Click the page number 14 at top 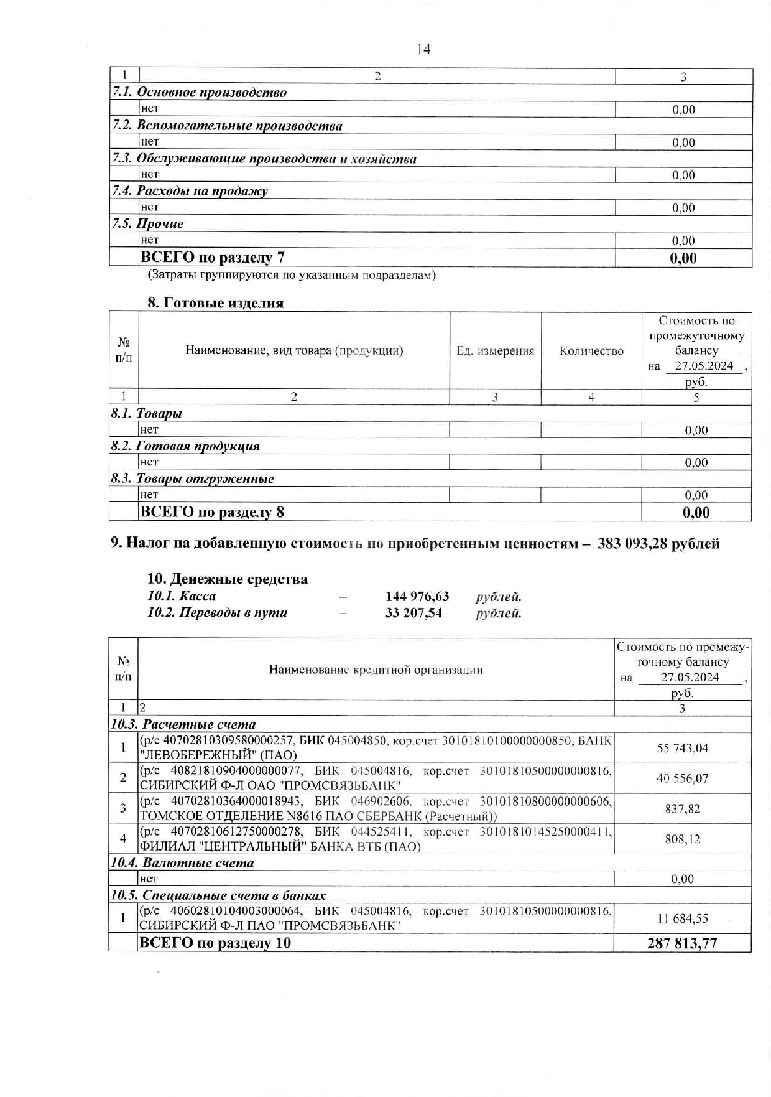coord(423,49)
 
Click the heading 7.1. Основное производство coord(199,93)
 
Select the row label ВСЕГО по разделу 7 coord(213,257)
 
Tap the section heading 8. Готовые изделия coord(215,303)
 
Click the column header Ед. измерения coord(495,351)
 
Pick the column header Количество coord(591,351)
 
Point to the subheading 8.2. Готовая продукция coord(185,446)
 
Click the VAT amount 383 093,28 coord(632,543)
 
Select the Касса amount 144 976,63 coord(417,596)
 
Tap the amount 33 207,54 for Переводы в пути coord(413,613)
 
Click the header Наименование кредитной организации coord(376,670)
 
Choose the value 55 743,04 coord(682,748)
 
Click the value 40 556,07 coord(682,778)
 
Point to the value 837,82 coord(682,809)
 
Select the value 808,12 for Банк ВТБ coord(682,839)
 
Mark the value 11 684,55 coord(682,918)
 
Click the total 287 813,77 coord(682,943)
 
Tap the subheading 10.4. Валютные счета coord(182,863)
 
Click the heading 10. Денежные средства coord(227,579)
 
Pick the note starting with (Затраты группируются coord(291,275)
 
